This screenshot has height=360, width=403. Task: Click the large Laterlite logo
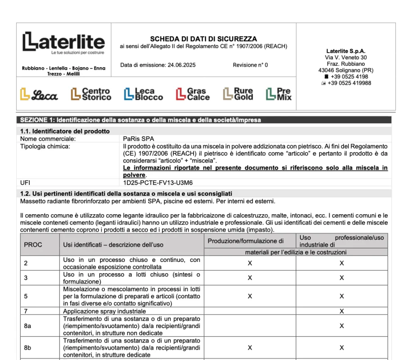pyautogui.click(x=63, y=43)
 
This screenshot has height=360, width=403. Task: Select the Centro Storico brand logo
pyautogui.click(x=91, y=94)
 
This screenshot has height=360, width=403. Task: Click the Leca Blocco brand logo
pyautogui.click(x=143, y=94)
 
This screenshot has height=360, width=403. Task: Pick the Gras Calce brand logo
pyautogui.click(x=193, y=94)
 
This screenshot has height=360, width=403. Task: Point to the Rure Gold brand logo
pyautogui.click(x=238, y=94)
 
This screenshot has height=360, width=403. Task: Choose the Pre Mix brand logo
pyautogui.click(x=279, y=94)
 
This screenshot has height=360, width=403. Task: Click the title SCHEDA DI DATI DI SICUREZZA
pyautogui.click(x=203, y=39)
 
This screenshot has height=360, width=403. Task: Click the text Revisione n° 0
pyautogui.click(x=250, y=65)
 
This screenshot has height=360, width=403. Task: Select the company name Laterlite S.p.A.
pyautogui.click(x=345, y=51)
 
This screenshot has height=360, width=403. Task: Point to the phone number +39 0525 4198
pyautogui.click(x=349, y=77)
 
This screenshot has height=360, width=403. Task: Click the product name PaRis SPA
pyautogui.click(x=138, y=139)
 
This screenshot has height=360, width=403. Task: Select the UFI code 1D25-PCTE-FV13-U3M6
pyautogui.click(x=158, y=183)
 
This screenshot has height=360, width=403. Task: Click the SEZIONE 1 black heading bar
pyautogui.click(x=205, y=120)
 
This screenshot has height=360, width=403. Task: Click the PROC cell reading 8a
pyautogui.click(x=27, y=326)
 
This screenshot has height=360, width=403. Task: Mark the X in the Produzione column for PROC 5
pyautogui.click(x=250, y=296)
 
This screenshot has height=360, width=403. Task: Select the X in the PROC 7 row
pyautogui.click(x=342, y=311)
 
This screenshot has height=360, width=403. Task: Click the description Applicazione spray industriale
pyautogui.click(x=104, y=311)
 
